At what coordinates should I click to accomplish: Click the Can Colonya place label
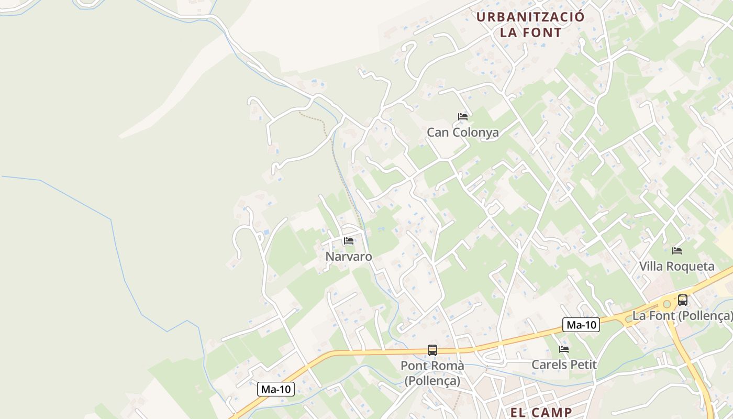pyautogui.click(x=462, y=133)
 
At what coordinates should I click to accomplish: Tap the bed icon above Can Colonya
pyautogui.click(x=462, y=116)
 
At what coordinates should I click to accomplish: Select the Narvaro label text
pyautogui.click(x=349, y=257)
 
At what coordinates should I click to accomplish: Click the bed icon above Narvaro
pyautogui.click(x=349, y=241)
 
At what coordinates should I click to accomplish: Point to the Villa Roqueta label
pyautogui.click(x=676, y=266)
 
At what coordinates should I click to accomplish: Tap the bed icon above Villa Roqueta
pyautogui.click(x=677, y=251)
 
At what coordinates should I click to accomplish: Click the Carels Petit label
pyautogui.click(x=564, y=365)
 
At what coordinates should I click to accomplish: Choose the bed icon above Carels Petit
pyautogui.click(x=564, y=349)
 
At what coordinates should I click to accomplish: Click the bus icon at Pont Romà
pyautogui.click(x=432, y=350)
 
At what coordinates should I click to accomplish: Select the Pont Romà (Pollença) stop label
pyautogui.click(x=432, y=373)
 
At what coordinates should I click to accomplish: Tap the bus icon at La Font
pyautogui.click(x=683, y=300)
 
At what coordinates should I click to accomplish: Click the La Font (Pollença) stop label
pyautogui.click(x=682, y=316)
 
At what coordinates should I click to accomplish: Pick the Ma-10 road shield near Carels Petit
pyautogui.click(x=581, y=325)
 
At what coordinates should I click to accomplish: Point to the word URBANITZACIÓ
pyautogui.click(x=530, y=17)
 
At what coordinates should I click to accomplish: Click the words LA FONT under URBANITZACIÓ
pyautogui.click(x=530, y=32)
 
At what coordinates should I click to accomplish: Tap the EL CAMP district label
pyautogui.click(x=541, y=412)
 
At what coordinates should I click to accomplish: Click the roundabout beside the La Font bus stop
pyautogui.click(x=667, y=304)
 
